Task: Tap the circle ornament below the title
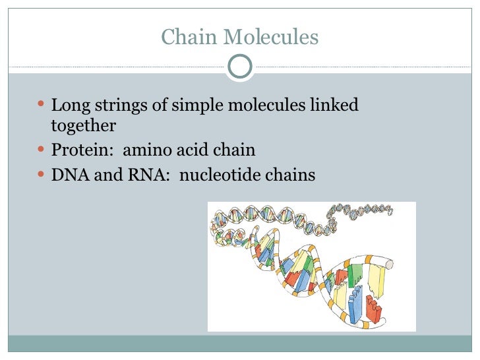click(239, 65)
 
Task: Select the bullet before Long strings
click(42, 105)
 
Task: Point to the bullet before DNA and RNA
click(42, 175)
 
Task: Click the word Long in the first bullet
click(65, 105)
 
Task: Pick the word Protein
click(77, 151)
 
